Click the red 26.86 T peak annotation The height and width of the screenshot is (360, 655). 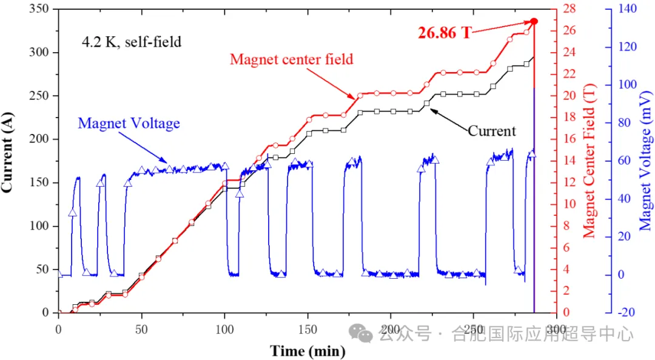[445, 33]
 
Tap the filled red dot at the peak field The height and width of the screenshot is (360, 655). [534, 21]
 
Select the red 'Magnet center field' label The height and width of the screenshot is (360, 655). [292, 59]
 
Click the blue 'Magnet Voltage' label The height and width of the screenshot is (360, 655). [129, 124]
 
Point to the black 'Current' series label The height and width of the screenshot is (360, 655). [492, 131]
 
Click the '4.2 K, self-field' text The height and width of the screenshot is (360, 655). [132, 42]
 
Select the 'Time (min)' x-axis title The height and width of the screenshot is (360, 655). [307, 351]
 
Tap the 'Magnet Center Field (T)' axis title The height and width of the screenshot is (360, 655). [589, 161]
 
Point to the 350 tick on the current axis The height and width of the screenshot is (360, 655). [41, 9]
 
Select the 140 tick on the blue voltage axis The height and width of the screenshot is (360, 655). [627, 9]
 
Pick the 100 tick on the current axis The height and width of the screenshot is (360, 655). [41, 226]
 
